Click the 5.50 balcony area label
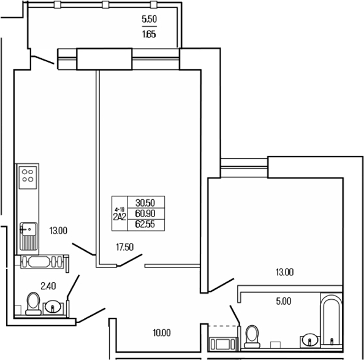(x=150, y=20)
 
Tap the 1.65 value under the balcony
(x=150, y=34)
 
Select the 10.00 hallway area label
(x=161, y=332)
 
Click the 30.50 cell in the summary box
(x=145, y=203)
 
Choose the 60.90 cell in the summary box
(x=145, y=213)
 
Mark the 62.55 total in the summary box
(x=145, y=224)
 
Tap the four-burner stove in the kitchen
(x=28, y=177)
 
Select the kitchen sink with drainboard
(x=28, y=235)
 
